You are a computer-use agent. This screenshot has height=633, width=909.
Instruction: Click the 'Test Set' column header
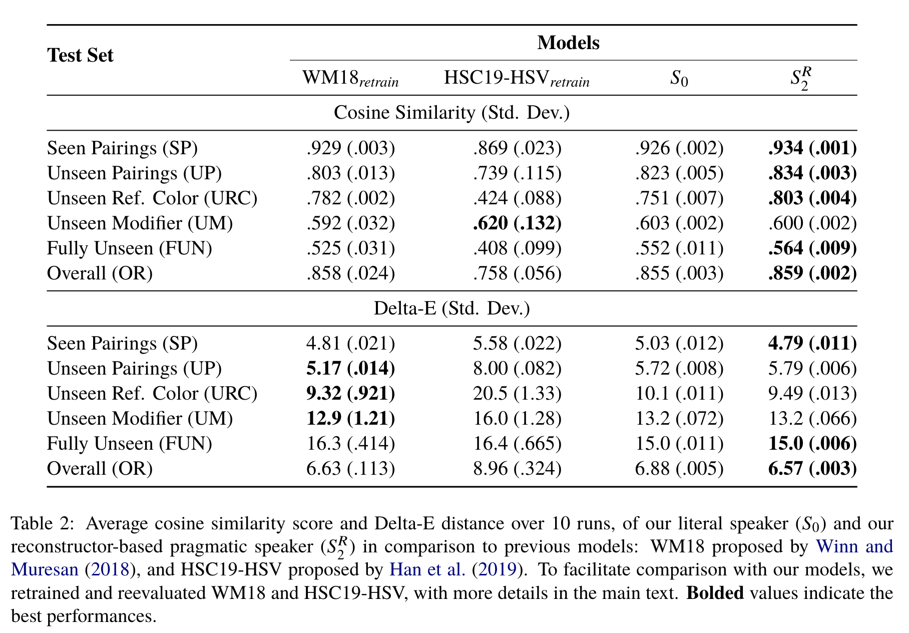point(80,55)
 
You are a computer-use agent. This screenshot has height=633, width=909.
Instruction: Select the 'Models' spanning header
point(568,43)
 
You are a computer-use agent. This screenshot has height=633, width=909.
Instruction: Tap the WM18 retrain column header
point(350,79)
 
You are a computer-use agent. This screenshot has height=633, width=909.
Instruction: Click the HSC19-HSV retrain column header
point(517,79)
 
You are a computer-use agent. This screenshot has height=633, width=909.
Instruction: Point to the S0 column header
point(679,79)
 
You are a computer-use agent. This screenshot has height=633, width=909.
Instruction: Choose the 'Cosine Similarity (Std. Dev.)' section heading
point(451,113)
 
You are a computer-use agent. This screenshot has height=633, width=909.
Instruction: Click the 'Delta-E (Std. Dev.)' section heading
point(451,308)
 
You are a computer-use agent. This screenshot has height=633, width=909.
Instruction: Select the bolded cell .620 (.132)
point(517,223)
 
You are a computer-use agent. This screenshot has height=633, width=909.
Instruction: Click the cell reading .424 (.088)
point(517,198)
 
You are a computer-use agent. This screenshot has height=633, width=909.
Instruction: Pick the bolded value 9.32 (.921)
point(350,394)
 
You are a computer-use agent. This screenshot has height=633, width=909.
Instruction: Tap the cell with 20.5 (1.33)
point(517,394)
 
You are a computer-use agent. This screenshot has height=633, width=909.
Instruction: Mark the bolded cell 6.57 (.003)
point(812,469)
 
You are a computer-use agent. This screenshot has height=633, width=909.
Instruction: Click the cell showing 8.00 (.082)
point(517,369)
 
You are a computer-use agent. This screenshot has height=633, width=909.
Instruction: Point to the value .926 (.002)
point(679,148)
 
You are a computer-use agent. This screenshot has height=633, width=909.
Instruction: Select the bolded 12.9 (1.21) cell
point(350,419)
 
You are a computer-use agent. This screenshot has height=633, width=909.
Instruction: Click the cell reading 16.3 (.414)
point(350,444)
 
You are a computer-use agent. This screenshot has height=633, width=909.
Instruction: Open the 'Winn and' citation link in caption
point(854,546)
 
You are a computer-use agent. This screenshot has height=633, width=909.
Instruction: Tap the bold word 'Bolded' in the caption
point(715,593)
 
